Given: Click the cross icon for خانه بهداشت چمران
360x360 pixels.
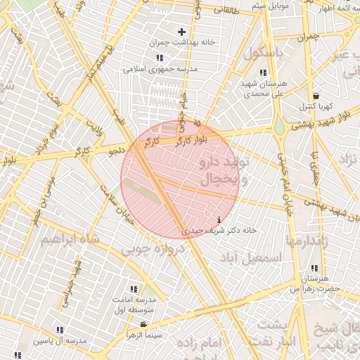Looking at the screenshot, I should tap(182, 32).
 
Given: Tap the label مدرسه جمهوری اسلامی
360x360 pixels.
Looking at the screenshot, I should tap(160, 70).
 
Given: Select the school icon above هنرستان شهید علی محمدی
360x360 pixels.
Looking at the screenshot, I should tap(263, 72).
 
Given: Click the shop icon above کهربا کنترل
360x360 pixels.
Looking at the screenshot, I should tap(316, 96).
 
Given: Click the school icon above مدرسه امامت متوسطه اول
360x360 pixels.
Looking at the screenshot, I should tap(134, 289).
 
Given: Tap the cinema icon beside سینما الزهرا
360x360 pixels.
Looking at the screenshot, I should tap(144, 324).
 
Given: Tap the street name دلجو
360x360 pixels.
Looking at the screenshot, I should tap(116, 150).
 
